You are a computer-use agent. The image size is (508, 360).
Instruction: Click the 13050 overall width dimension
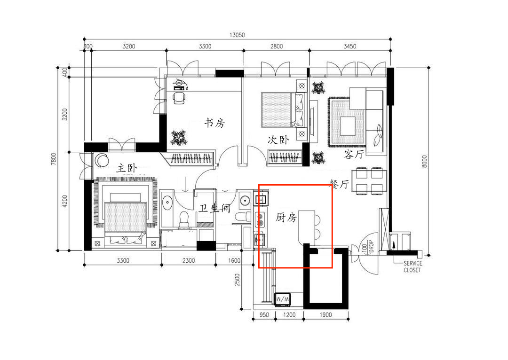[237, 35]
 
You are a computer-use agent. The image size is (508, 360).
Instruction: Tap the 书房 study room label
[214, 123]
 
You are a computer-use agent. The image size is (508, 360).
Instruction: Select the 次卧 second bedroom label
[278, 140]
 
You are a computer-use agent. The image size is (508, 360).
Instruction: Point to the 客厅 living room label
[354, 154]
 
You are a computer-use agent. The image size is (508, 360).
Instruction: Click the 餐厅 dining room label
[339, 184]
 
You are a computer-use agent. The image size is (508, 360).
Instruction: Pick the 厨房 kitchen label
[286, 217]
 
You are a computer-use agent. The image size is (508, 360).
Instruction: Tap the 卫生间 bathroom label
[214, 208]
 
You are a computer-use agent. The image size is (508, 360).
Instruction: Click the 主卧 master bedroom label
[127, 168]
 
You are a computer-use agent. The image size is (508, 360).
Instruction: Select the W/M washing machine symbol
[283, 299]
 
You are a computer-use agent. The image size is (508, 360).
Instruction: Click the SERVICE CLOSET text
[413, 267]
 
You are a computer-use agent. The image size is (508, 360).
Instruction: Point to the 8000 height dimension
[424, 162]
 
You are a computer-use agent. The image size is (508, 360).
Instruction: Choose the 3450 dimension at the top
[350, 47]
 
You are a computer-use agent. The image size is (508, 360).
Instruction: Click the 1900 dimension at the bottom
[325, 315]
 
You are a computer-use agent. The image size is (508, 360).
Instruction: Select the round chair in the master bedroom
[102, 160]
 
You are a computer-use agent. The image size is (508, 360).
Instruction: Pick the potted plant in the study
[179, 138]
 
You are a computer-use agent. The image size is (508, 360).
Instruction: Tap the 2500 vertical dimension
[238, 279]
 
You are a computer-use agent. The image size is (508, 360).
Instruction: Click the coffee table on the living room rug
[348, 126]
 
